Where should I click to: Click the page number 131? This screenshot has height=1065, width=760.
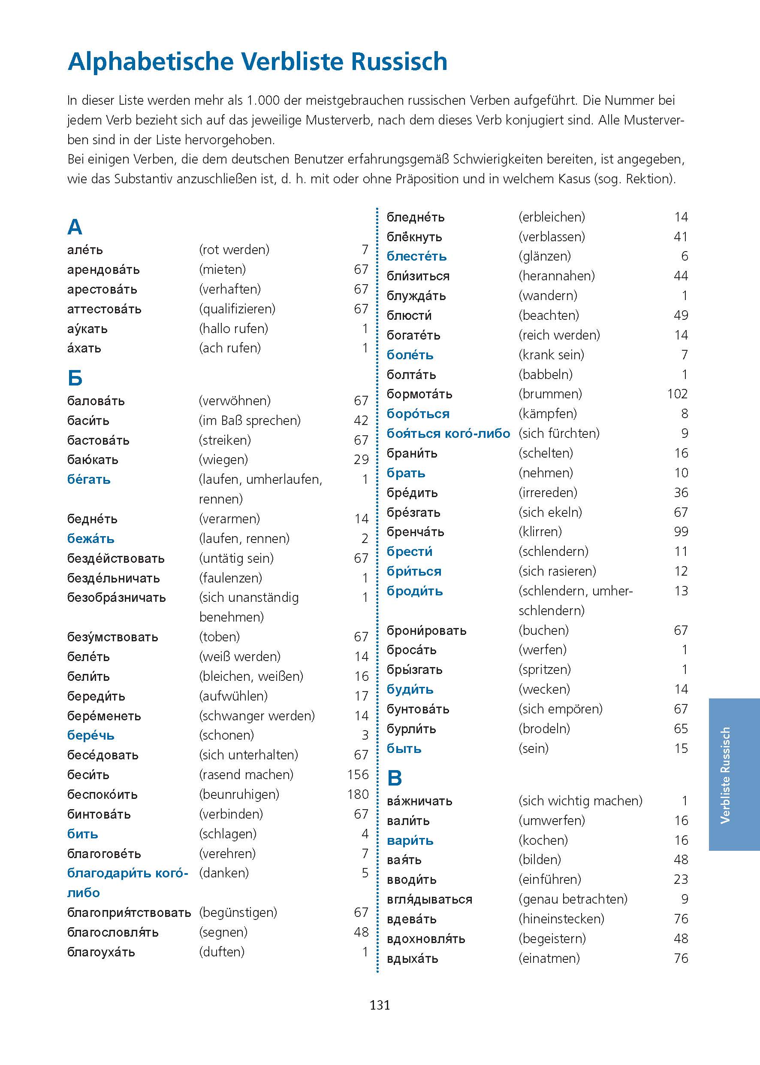click(380, 1004)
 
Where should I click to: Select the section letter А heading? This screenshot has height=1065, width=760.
click(75, 227)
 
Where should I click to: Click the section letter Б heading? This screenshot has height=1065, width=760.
click(75, 378)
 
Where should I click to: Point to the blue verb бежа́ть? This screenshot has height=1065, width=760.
click(91, 539)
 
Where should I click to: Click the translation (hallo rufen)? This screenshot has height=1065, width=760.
click(233, 328)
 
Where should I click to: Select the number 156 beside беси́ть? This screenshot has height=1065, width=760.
click(358, 775)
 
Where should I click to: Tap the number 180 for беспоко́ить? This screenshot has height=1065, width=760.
click(358, 794)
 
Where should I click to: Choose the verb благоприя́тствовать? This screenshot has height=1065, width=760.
click(129, 912)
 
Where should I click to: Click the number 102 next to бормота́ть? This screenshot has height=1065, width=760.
click(677, 394)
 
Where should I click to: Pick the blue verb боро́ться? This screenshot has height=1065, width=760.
click(418, 413)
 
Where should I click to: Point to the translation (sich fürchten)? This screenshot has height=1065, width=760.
click(559, 433)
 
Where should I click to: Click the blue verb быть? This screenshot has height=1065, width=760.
click(404, 748)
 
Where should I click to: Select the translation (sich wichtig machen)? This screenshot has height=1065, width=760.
click(580, 801)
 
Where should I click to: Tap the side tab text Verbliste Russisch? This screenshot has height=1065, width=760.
click(725, 775)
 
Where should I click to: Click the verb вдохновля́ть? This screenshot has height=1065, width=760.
click(426, 938)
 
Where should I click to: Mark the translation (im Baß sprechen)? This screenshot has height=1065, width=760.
click(250, 421)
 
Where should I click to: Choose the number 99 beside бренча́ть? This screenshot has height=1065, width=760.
click(681, 531)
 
